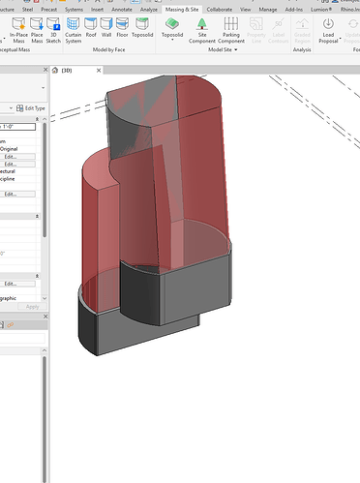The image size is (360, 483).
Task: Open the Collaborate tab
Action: (220, 7)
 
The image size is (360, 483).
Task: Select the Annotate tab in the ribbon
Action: (122, 7)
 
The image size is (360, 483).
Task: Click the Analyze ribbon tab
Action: (148, 7)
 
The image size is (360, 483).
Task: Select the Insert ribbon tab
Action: (97, 7)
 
